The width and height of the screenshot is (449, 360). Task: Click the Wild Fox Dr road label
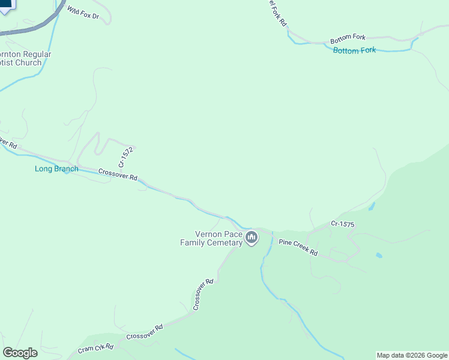[x=83, y=12]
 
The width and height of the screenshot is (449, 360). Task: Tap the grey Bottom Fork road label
[x=348, y=37]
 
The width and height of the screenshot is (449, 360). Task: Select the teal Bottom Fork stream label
[x=354, y=50]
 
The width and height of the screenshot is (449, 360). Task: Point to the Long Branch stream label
[x=56, y=169]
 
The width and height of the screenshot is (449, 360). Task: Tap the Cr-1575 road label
[x=342, y=224]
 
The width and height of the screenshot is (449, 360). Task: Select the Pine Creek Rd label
[x=298, y=248]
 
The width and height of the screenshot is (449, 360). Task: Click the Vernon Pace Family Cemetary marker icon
[x=252, y=239]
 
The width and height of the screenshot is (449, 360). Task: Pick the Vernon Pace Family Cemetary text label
[x=211, y=238]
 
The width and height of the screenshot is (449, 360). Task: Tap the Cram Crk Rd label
[x=95, y=349]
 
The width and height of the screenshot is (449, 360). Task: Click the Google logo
[x=20, y=353]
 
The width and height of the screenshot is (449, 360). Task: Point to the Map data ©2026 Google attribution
[x=412, y=355]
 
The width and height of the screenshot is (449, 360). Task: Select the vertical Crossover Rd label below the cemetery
[x=203, y=295]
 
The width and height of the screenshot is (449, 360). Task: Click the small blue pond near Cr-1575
[x=372, y=206]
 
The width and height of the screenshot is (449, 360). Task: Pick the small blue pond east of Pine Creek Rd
[x=379, y=255]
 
